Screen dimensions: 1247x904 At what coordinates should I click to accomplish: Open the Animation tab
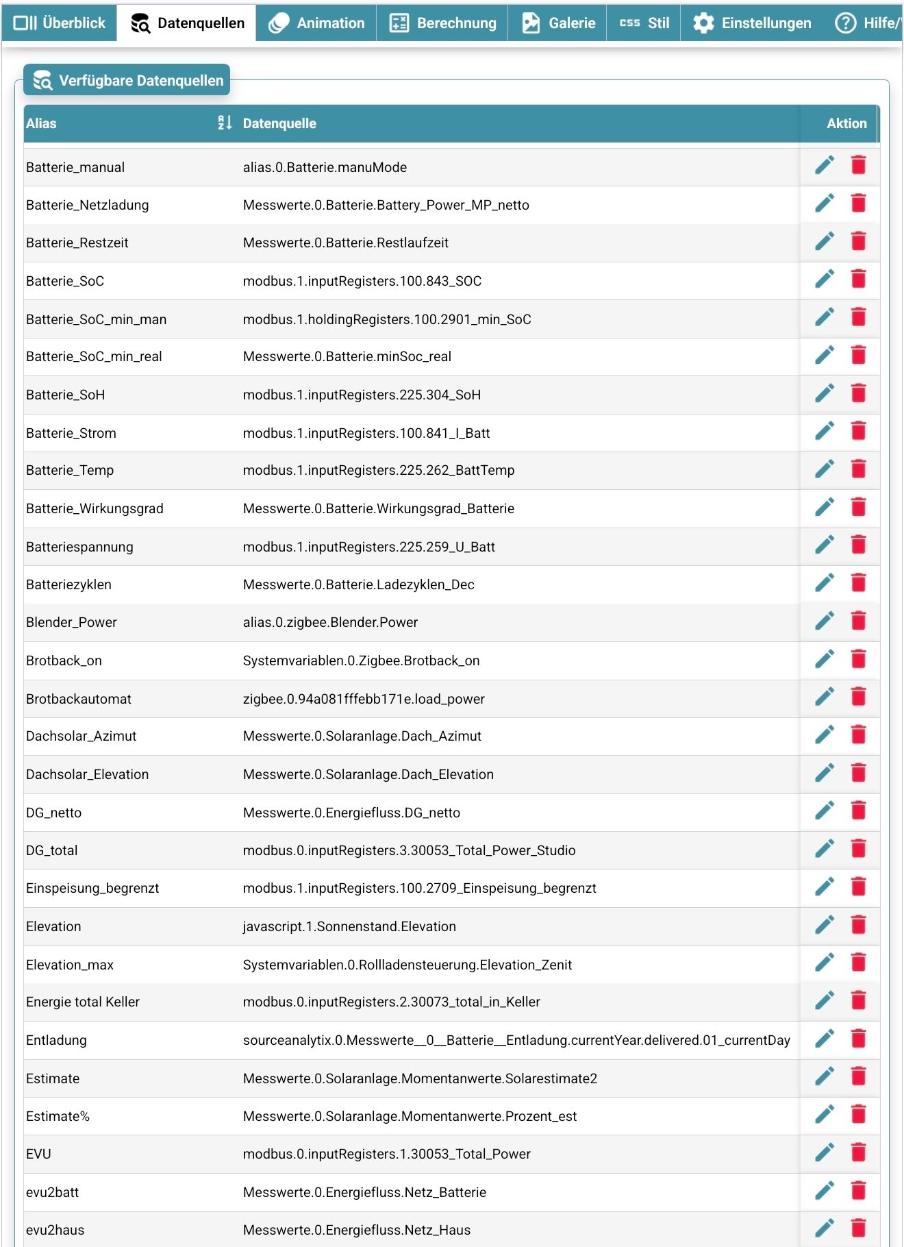click(x=316, y=23)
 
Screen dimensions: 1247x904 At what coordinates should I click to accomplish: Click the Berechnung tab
click(x=442, y=23)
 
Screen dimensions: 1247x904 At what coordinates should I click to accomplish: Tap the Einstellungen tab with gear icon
click(x=752, y=23)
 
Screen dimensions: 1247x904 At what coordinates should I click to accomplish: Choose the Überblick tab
click(x=60, y=23)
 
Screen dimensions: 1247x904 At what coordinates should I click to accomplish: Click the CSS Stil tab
click(x=644, y=23)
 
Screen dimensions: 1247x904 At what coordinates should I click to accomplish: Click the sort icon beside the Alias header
click(x=225, y=123)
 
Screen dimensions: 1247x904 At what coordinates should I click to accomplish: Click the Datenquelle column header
click(x=279, y=123)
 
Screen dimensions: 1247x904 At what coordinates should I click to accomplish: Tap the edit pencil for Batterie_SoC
click(x=825, y=279)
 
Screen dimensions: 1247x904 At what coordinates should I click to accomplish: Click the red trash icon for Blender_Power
click(x=858, y=621)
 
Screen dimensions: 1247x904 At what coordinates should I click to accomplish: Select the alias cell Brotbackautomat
click(x=79, y=699)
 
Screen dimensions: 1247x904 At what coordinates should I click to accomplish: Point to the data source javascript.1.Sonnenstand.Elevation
click(x=349, y=926)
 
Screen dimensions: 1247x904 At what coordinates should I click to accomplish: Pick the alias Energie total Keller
click(x=83, y=1002)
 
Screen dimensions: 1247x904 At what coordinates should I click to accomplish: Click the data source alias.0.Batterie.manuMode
click(x=325, y=167)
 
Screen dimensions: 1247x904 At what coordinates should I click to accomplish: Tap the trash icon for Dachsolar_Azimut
click(x=858, y=734)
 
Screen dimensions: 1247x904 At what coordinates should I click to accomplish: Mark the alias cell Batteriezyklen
click(x=68, y=584)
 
